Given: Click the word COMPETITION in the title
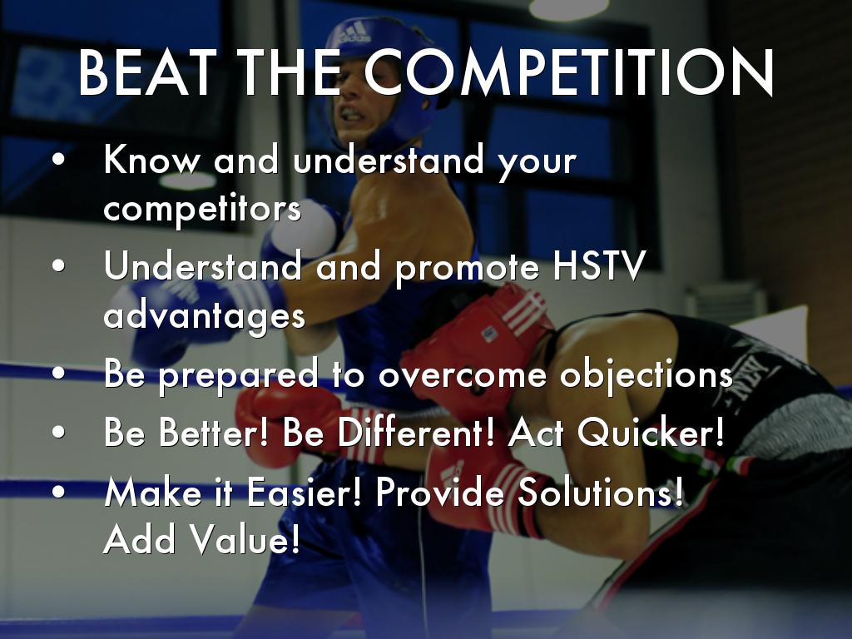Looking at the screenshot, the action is click(x=568, y=73).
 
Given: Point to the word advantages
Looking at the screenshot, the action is click(x=205, y=316).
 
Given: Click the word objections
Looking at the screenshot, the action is click(x=646, y=375).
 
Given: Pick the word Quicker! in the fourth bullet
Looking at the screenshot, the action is click(x=651, y=433).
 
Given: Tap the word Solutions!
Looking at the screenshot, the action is click(x=600, y=493).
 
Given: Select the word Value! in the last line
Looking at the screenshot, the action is click(x=245, y=538).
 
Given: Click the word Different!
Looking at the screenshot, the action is click(x=416, y=433).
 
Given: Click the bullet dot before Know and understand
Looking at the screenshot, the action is click(x=59, y=160).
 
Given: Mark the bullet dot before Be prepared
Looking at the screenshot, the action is click(x=59, y=373).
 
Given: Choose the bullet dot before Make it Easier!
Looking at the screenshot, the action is click(x=59, y=491).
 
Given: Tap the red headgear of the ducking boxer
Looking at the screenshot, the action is click(x=478, y=342).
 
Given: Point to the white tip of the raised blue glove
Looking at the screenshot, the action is click(x=305, y=231).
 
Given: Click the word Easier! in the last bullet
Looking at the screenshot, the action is click(x=305, y=493).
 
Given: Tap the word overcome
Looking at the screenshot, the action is click(x=463, y=376).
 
